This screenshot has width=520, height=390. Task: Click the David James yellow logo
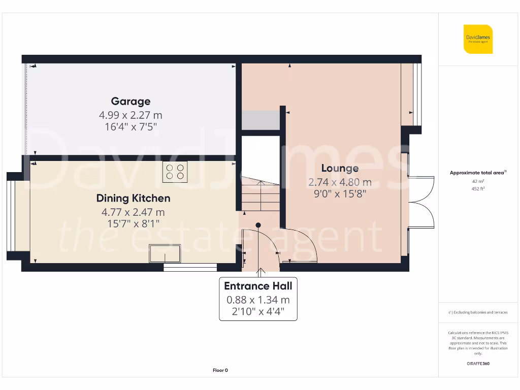click(478, 39)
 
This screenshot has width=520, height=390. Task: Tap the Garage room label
click(131, 101)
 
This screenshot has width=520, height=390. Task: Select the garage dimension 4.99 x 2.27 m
click(131, 115)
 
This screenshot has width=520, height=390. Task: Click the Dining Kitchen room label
click(133, 198)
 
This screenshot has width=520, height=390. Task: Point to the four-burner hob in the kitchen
click(175, 172)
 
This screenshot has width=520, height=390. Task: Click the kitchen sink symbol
click(165, 253)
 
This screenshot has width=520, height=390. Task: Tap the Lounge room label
click(340, 168)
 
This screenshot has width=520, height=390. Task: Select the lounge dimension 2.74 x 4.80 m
click(340, 182)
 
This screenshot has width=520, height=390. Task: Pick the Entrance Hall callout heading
click(258, 286)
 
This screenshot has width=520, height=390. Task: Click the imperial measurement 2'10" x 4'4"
click(258, 312)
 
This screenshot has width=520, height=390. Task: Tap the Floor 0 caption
click(220, 371)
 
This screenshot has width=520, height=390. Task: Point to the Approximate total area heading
click(477, 173)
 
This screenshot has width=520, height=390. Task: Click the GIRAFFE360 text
click(477, 364)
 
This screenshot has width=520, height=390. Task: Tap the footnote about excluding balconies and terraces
click(477, 312)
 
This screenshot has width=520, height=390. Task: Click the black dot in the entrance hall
click(258, 225)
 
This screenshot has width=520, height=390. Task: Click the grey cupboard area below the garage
click(260, 120)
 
